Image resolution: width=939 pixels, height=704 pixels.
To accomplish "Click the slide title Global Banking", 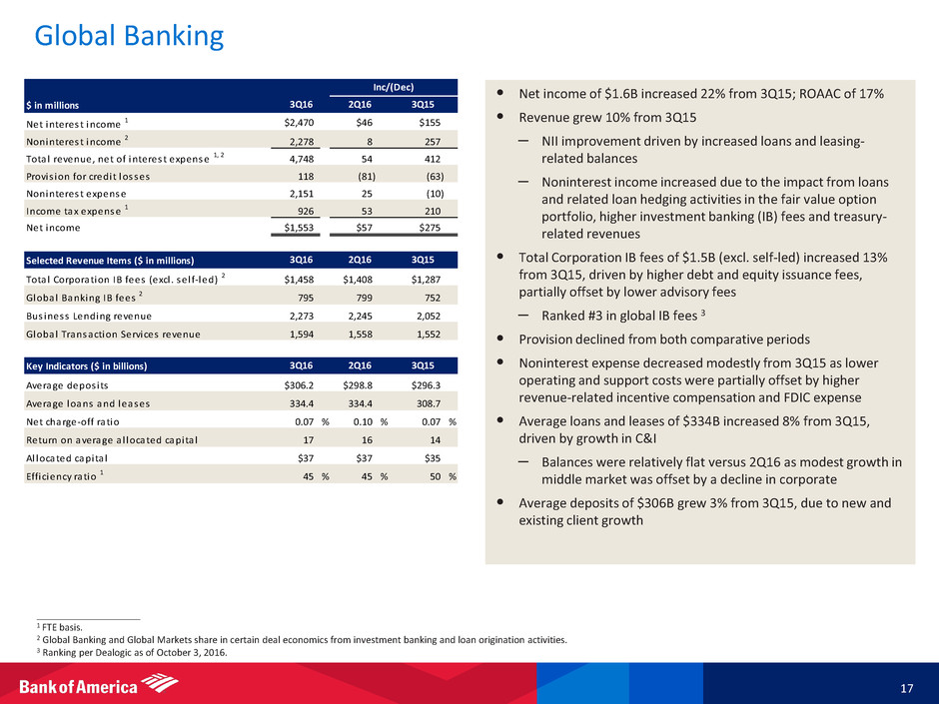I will [129, 37].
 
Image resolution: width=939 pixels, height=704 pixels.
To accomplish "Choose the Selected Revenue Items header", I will [109, 261].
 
